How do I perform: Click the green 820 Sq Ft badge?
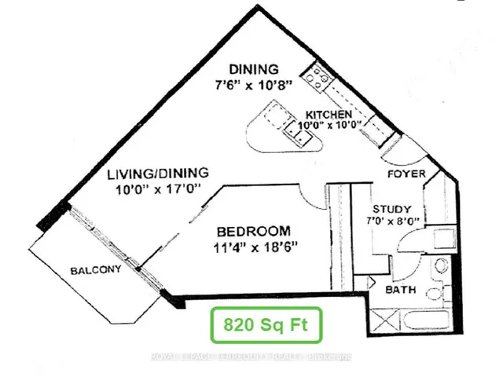[x=266, y=324]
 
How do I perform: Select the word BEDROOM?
[x=253, y=232]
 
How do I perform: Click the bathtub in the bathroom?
[x=424, y=320]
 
